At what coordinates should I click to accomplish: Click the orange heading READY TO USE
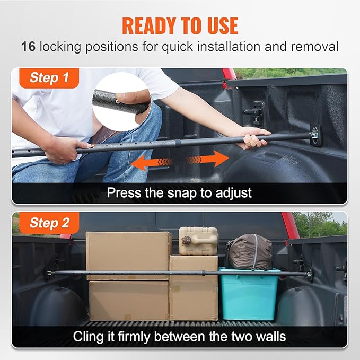(x=180, y=25)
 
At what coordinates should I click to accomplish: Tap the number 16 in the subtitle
(x=29, y=46)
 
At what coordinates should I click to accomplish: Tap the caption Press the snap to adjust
(x=179, y=192)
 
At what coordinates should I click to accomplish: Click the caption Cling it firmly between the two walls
(x=179, y=336)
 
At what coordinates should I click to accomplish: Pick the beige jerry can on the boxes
(x=198, y=241)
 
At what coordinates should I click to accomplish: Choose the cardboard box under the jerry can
(x=194, y=289)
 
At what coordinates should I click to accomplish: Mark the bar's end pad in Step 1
(x=316, y=135)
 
